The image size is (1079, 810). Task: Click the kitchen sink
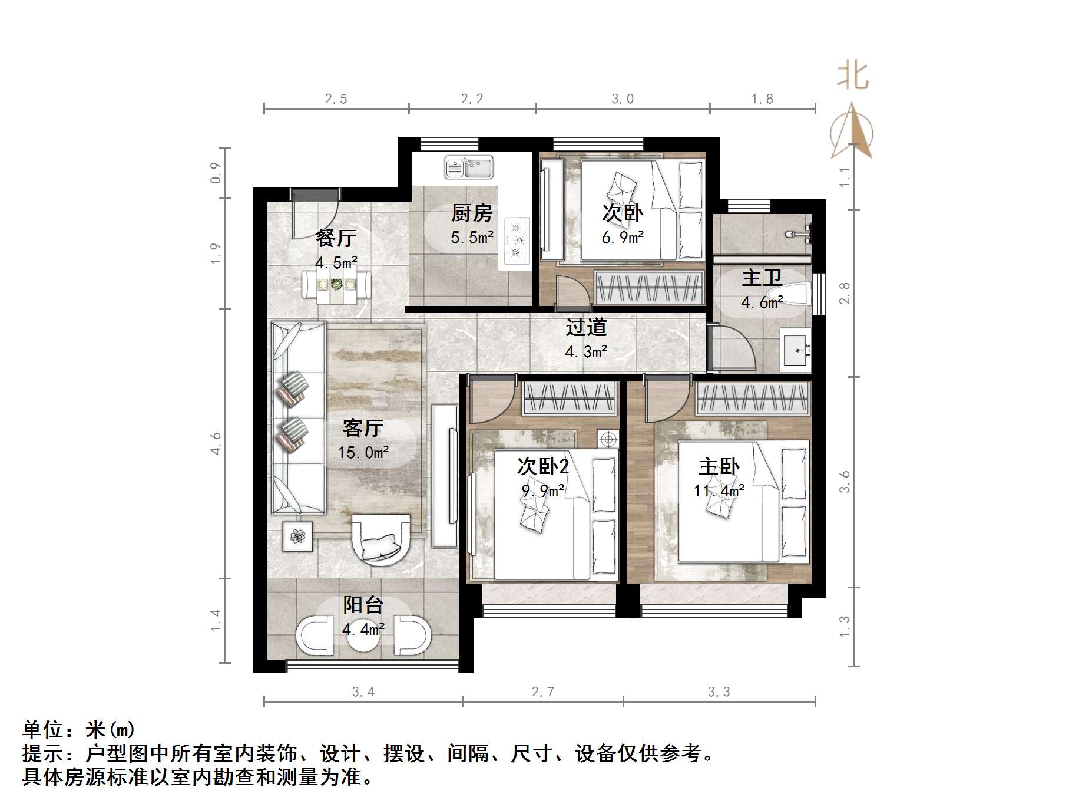pyautogui.click(x=469, y=167)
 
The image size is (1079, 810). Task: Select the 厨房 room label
pyautogui.click(x=472, y=213)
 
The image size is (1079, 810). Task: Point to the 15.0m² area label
pyautogui.click(x=363, y=453)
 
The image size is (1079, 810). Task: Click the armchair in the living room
pyautogui.click(x=381, y=540)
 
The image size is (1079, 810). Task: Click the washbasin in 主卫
pyautogui.click(x=796, y=350)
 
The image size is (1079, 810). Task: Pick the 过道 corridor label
pyautogui.click(x=586, y=327)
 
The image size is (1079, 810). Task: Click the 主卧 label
pyautogui.click(x=719, y=467)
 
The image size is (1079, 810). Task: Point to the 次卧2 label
pyautogui.click(x=543, y=466)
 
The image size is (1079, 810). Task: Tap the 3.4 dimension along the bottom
pyautogui.click(x=363, y=692)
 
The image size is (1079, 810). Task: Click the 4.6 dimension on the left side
pyautogui.click(x=216, y=443)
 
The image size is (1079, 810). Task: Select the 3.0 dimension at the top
pyautogui.click(x=623, y=99)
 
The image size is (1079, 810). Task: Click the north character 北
pyautogui.click(x=853, y=76)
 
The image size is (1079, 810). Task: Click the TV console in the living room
pyautogui.click(x=445, y=476)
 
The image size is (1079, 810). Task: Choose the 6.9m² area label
pyautogui.click(x=623, y=238)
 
